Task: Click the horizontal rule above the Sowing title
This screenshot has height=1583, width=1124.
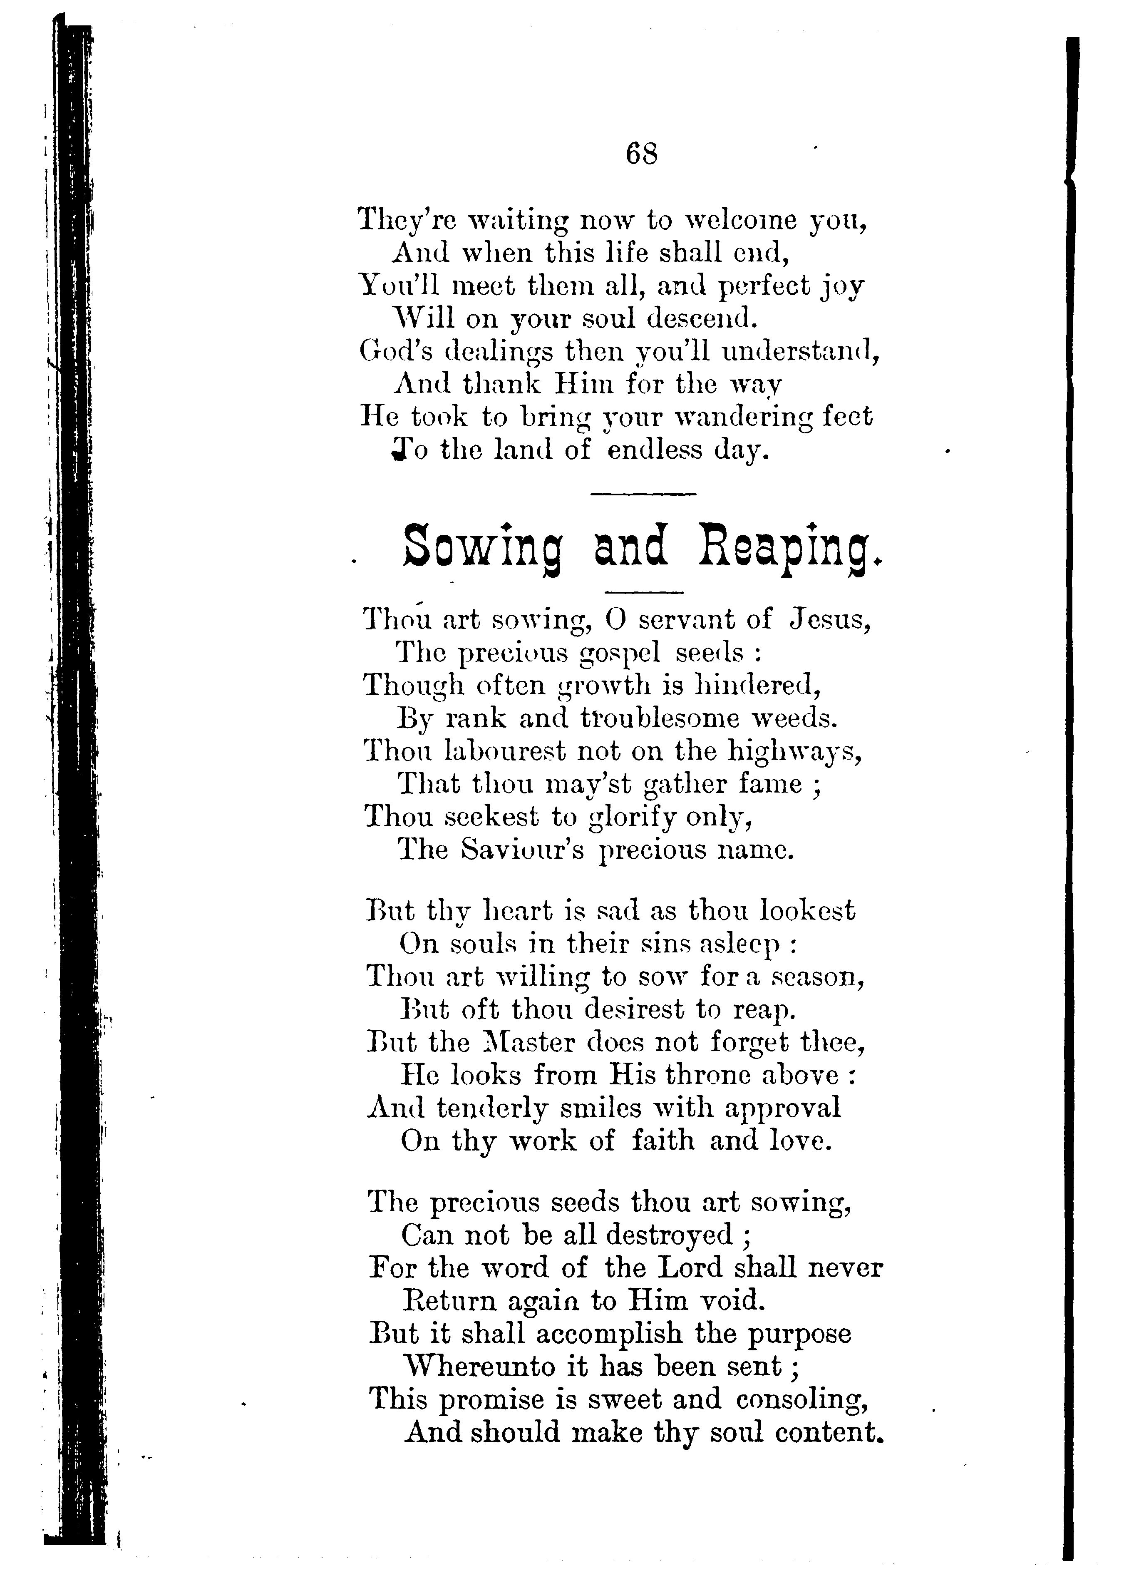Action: click(x=643, y=494)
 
